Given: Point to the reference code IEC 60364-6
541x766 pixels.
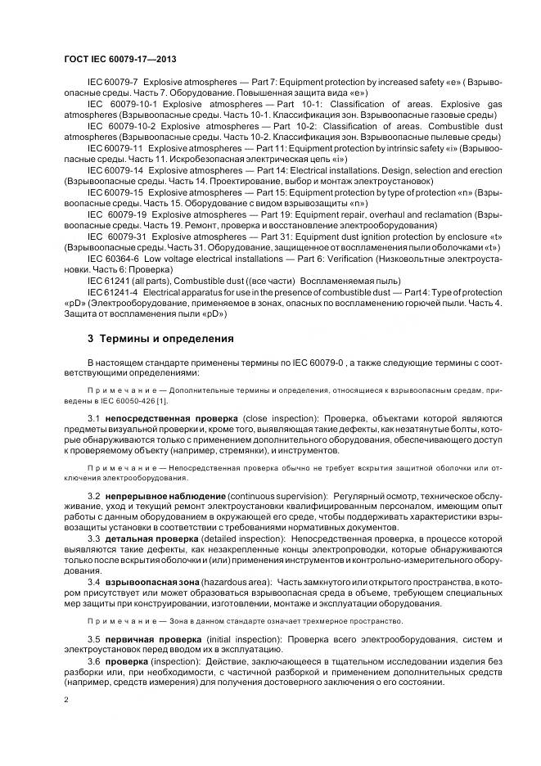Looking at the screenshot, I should [116, 257].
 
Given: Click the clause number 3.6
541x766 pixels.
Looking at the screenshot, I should [93, 659].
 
